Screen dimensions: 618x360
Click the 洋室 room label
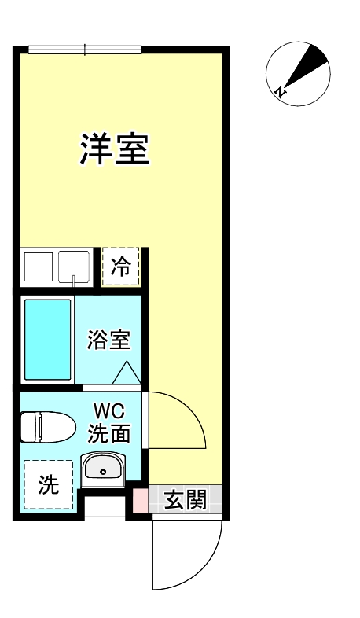[115, 148]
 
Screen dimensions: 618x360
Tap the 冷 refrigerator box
[121, 267]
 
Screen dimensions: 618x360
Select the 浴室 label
[108, 341]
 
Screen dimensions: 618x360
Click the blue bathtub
[47, 339]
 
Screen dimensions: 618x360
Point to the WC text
[109, 411]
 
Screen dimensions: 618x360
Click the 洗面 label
[108, 432]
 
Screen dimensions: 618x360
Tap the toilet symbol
[42, 427]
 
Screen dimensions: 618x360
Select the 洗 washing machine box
[48, 485]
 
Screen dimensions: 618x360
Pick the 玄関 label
[185, 500]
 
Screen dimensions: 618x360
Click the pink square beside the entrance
[139, 501]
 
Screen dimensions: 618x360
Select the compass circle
[297, 69]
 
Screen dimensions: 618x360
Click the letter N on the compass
[280, 92]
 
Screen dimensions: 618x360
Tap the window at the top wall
[84, 50]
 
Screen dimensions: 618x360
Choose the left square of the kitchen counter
[38, 267]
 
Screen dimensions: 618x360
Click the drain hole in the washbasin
[102, 472]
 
